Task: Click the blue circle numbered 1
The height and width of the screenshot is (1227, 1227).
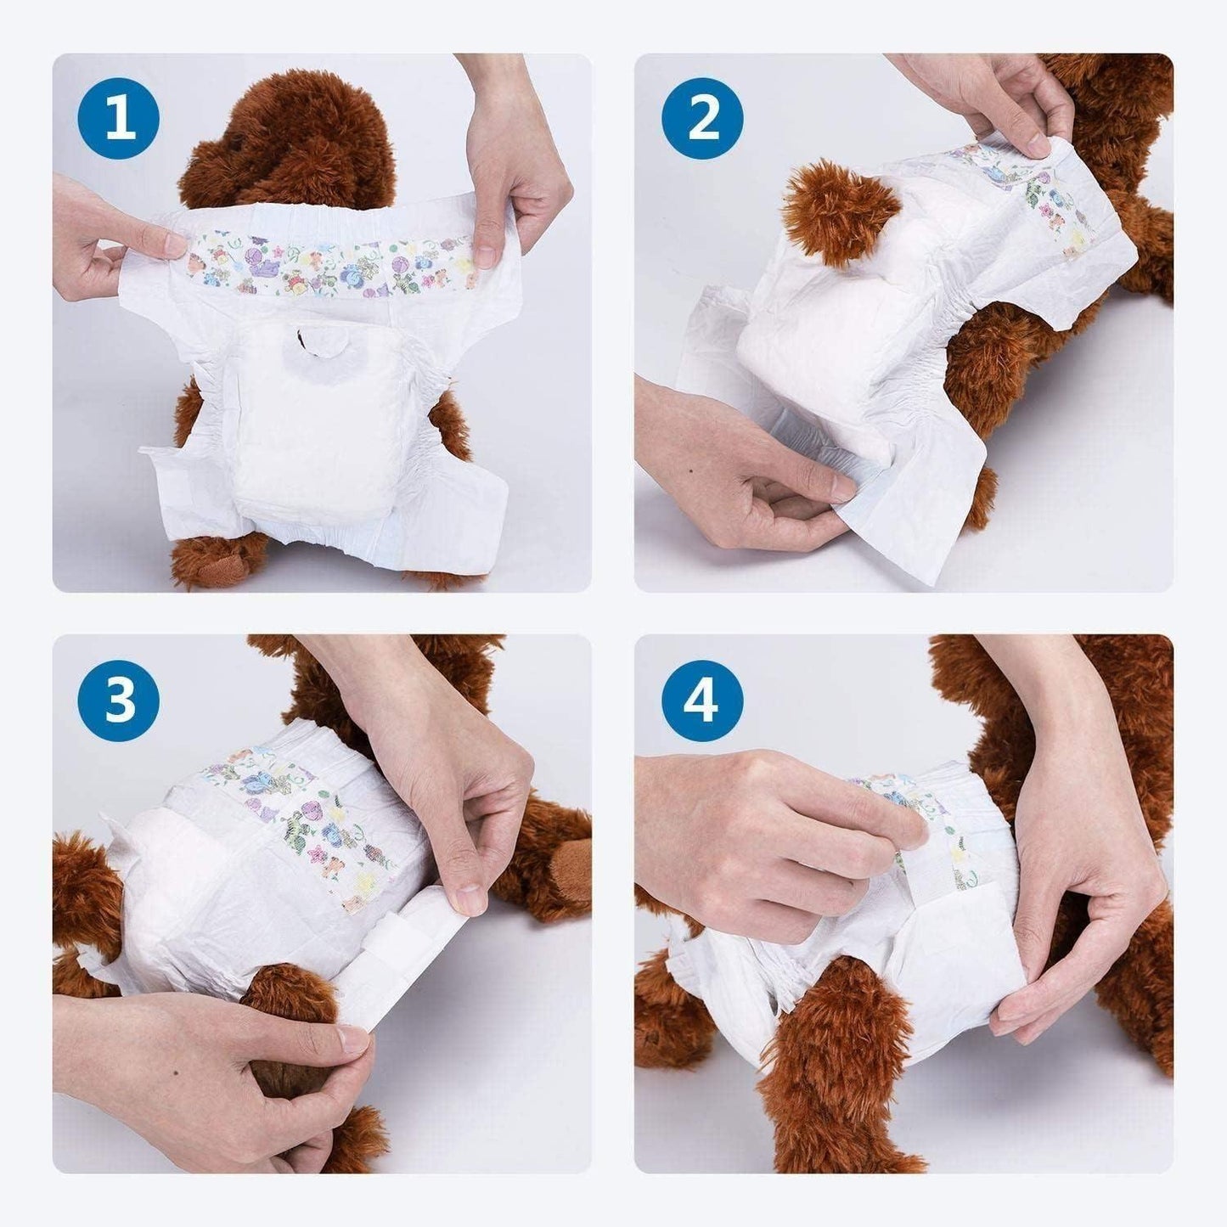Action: [x=120, y=120]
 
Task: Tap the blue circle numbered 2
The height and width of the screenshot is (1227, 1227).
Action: [x=702, y=120]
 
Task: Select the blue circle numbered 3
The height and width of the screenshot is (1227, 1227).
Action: [x=120, y=702]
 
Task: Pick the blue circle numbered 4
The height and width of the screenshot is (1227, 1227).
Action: [x=702, y=702]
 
